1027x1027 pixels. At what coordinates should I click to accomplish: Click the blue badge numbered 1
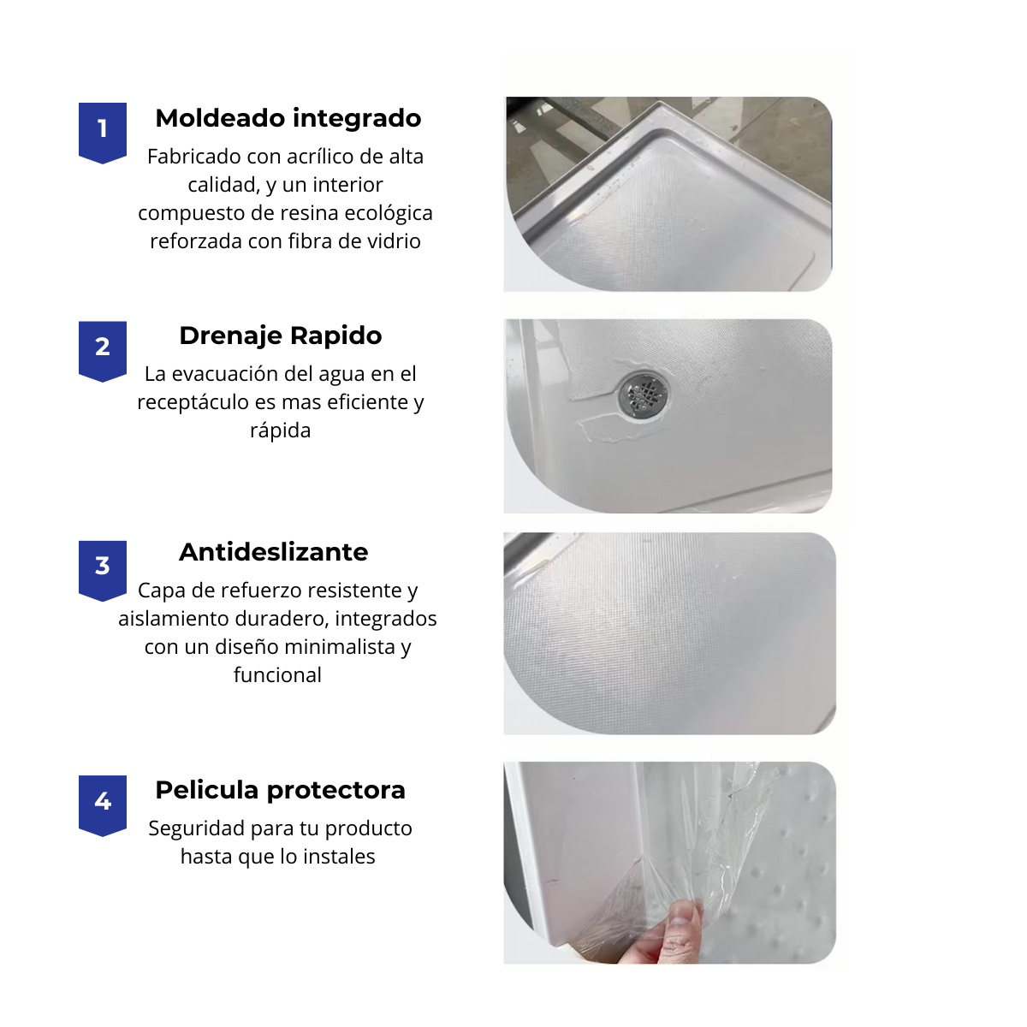coord(103,131)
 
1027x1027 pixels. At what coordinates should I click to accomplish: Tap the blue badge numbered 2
coord(103,349)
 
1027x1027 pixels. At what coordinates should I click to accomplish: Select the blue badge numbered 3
coord(103,568)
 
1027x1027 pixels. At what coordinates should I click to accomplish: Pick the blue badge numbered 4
coord(103,804)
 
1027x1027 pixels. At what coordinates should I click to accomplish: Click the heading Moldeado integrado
coord(288,118)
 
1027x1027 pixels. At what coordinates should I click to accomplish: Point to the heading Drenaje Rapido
coord(281,335)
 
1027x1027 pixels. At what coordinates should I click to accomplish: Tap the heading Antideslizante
coord(274,552)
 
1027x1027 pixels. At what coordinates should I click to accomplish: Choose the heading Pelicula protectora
coord(281,790)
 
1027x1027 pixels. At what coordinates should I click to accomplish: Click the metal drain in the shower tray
coord(644,394)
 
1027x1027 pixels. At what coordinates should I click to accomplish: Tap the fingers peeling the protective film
coord(676,929)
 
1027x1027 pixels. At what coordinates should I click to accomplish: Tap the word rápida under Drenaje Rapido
coord(280,430)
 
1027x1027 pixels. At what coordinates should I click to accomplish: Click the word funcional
coord(278,675)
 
